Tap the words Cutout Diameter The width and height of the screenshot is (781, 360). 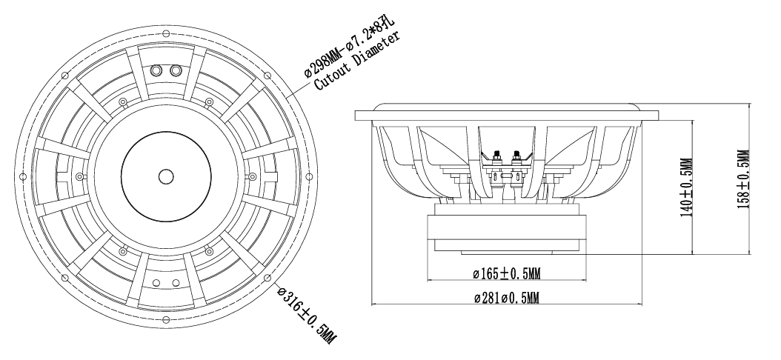point(357,61)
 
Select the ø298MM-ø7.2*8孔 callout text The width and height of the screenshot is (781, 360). point(349,47)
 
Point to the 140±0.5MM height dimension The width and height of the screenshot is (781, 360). point(687,187)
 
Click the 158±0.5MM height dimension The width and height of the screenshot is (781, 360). point(744,179)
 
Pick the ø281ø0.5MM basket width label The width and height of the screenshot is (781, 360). point(507,299)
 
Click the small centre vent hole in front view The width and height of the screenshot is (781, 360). point(166,176)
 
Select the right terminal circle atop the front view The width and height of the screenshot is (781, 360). point(176,70)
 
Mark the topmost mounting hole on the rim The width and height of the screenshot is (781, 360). point(166,33)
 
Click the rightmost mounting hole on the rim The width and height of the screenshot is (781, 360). point(309,177)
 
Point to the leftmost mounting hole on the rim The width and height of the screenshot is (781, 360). point(22,177)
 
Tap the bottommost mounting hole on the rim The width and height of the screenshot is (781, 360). point(166,320)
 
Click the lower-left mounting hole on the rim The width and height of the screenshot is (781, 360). point(64,277)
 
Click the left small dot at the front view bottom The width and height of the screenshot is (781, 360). point(156,283)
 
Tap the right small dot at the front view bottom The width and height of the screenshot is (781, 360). point(176,283)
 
